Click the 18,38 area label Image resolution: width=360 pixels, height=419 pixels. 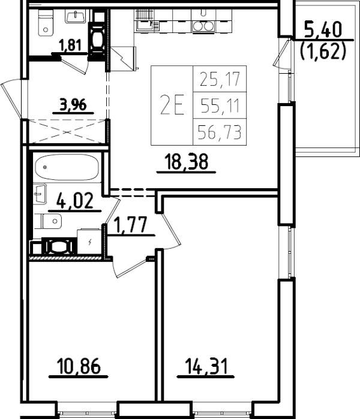click(190, 161)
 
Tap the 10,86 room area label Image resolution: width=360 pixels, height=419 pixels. click(77, 365)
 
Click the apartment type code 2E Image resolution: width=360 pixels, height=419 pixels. click(171, 105)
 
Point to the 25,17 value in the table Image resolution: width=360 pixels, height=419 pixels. click(219, 79)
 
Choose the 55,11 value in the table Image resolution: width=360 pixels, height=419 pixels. click(219, 106)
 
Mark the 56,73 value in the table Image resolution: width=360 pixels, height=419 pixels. click(219, 132)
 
